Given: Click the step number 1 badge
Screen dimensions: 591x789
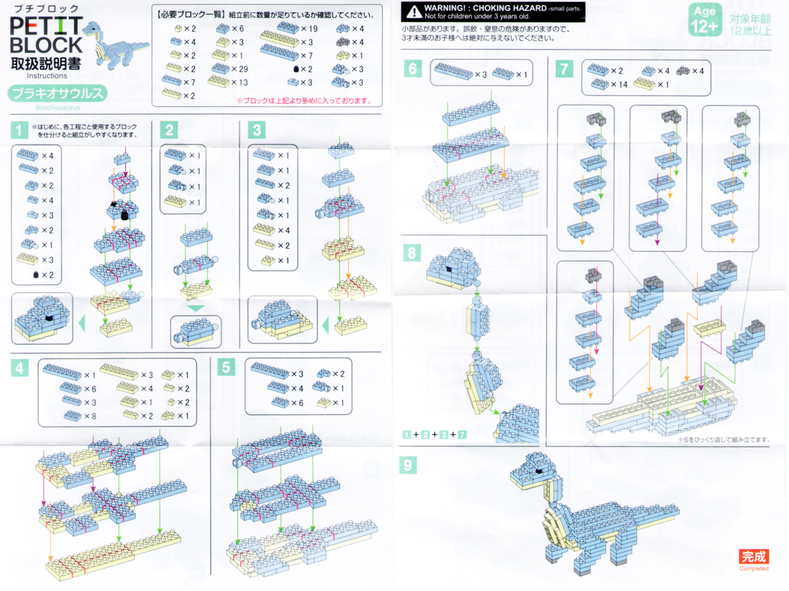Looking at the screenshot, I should click(19, 130).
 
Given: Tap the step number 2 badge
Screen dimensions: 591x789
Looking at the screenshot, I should click(169, 130).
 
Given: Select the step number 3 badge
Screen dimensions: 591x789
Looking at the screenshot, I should click(257, 130).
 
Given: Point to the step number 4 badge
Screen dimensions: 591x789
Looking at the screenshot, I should click(20, 368).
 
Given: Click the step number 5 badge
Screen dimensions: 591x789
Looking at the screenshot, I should click(226, 368).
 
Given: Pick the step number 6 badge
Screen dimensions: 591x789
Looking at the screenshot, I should click(412, 68).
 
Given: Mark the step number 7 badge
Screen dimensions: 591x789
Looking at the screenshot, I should click(564, 68).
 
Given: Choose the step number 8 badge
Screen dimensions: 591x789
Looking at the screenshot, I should click(412, 252).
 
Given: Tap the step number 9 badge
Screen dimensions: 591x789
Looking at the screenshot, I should click(407, 465).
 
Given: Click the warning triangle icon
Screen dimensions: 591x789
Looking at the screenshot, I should click(414, 12).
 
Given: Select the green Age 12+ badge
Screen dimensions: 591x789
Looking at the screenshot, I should click(705, 20).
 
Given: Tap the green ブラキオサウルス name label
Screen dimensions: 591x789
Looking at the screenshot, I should click(58, 94).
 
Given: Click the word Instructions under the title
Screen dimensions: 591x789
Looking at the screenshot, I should click(47, 76).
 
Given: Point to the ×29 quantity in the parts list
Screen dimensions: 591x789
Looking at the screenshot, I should click(239, 69).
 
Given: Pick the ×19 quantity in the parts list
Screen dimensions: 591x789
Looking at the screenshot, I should click(309, 28).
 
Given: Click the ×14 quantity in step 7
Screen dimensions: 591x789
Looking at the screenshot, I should click(619, 84).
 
